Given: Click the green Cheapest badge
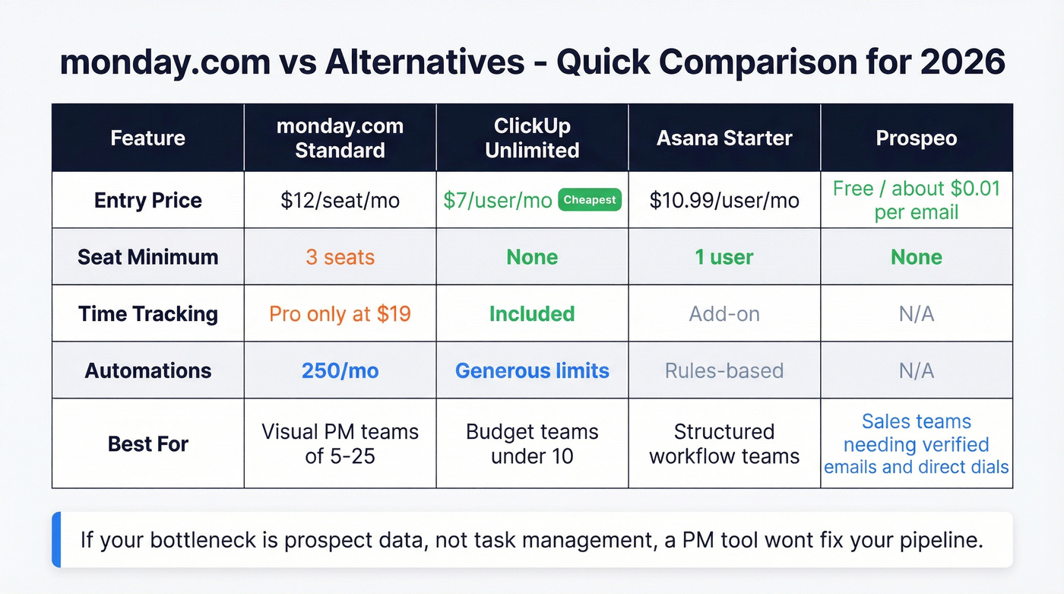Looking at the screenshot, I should pos(590,200).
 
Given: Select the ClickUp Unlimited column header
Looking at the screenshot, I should pos(532,138).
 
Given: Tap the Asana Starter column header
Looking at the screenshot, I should pos(724,138).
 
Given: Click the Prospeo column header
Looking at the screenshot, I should pos(917,138).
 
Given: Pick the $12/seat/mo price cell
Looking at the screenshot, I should pos(340,201).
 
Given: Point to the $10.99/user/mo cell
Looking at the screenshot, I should pos(724,201).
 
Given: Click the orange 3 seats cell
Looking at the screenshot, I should pos(340,257).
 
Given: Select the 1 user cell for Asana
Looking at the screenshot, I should pos(724,257).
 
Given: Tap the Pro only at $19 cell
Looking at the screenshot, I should pos(340,313).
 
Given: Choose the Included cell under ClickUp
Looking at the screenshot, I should pos(532,313).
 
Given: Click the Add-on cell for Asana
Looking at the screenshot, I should pos(724,313).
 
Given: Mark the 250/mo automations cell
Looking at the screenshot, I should pos(340,370).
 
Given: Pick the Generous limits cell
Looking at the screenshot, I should pos(532,370).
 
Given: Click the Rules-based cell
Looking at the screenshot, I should pos(724,370).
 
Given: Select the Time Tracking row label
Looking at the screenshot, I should pos(148,313).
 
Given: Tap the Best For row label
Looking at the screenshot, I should pos(148,443).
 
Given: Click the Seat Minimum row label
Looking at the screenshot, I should pos(148,257).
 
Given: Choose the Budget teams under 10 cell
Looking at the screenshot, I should pos(532,443).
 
